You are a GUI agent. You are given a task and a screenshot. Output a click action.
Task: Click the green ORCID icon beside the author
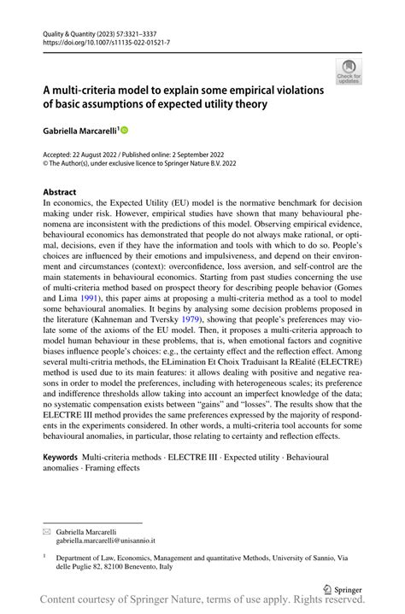(x=124, y=130)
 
